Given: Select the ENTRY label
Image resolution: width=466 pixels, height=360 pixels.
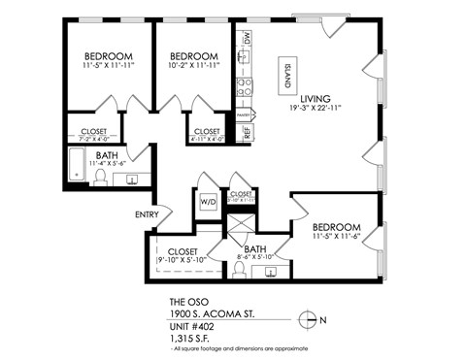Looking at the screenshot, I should (x=147, y=214).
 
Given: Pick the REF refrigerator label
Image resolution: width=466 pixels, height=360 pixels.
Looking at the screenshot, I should (x=248, y=131).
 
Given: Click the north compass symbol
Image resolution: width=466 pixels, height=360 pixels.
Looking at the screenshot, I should (x=310, y=318).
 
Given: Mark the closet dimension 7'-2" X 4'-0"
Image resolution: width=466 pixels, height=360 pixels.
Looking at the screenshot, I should (x=93, y=137).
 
